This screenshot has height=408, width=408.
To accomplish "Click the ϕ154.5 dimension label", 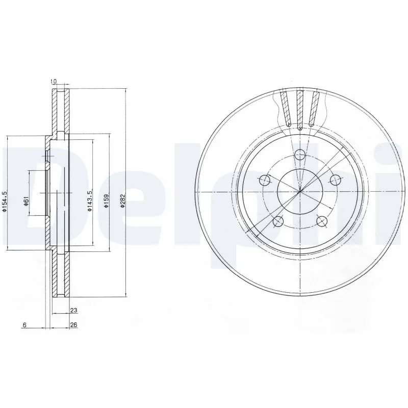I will click(5, 201).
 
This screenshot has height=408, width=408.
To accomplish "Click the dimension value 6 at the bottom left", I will click(24, 324).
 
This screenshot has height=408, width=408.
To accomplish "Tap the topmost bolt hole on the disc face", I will click(300, 154).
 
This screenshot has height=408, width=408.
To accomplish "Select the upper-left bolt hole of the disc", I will click(265, 180).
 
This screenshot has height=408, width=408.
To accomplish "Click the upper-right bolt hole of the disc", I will click(335, 180).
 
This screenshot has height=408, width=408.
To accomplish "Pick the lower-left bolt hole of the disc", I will click(278, 221).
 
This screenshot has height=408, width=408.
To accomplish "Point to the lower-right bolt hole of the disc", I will click(322, 221).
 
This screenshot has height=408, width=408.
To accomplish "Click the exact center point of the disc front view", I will click(300, 192).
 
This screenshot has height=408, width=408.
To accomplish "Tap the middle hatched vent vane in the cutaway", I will click(300, 108).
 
